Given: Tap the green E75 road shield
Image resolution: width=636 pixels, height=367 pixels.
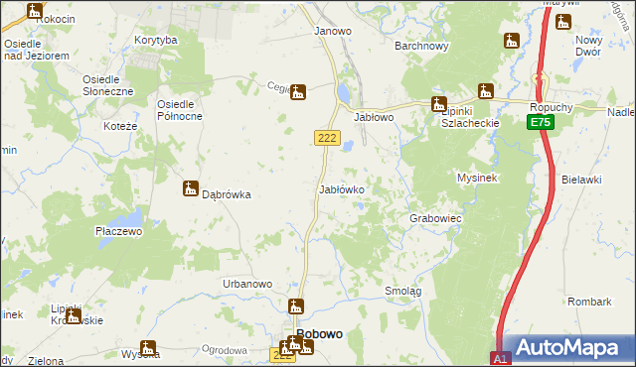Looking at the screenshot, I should tap(540, 122).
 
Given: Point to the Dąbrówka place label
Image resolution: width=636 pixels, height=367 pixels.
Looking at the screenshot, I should tap(226, 195).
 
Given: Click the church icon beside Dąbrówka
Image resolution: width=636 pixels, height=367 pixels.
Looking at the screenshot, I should tap(190, 188).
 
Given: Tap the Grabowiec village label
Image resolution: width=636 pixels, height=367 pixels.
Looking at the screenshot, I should tap(435, 217).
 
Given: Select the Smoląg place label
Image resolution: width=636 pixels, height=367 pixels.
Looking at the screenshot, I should tap(403, 291).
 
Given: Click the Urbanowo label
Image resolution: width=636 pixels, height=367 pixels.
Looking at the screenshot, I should tap(247, 284).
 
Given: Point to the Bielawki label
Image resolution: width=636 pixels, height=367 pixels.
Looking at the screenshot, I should tap(581, 180).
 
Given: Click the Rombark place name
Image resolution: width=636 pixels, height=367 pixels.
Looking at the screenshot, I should tap(589, 301).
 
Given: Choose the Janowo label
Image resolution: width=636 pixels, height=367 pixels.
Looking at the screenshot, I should tap(333, 31).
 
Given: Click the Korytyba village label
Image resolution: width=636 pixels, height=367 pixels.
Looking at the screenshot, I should tap(156, 40).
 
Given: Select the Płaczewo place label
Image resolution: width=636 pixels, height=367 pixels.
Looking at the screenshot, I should tap(119, 231).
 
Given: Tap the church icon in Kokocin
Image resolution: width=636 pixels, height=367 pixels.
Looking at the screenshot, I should tap(36, 11).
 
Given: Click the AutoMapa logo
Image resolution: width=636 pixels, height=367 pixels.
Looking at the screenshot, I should tap(567, 347).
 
